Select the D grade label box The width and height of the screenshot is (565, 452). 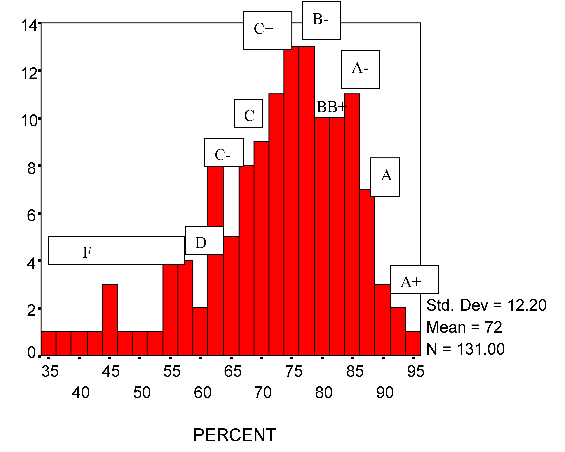pyautogui.click(x=204, y=240)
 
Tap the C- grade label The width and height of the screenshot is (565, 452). pyautogui.click(x=224, y=153)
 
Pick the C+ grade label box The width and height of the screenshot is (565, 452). pyautogui.click(x=268, y=30)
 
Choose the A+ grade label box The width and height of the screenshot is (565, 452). pyautogui.click(x=414, y=280)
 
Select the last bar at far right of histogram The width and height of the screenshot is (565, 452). pyautogui.click(x=413, y=344)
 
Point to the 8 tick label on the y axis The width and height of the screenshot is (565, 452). pyautogui.click(x=31, y=168)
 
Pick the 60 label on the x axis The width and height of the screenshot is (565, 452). pyautogui.click(x=202, y=393)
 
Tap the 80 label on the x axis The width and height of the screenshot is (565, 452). pyautogui.click(x=324, y=393)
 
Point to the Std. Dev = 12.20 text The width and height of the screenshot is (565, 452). pyautogui.click(x=486, y=305)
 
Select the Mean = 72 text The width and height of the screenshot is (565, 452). pyautogui.click(x=464, y=327)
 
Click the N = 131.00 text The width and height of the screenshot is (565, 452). pyautogui.click(x=465, y=349)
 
